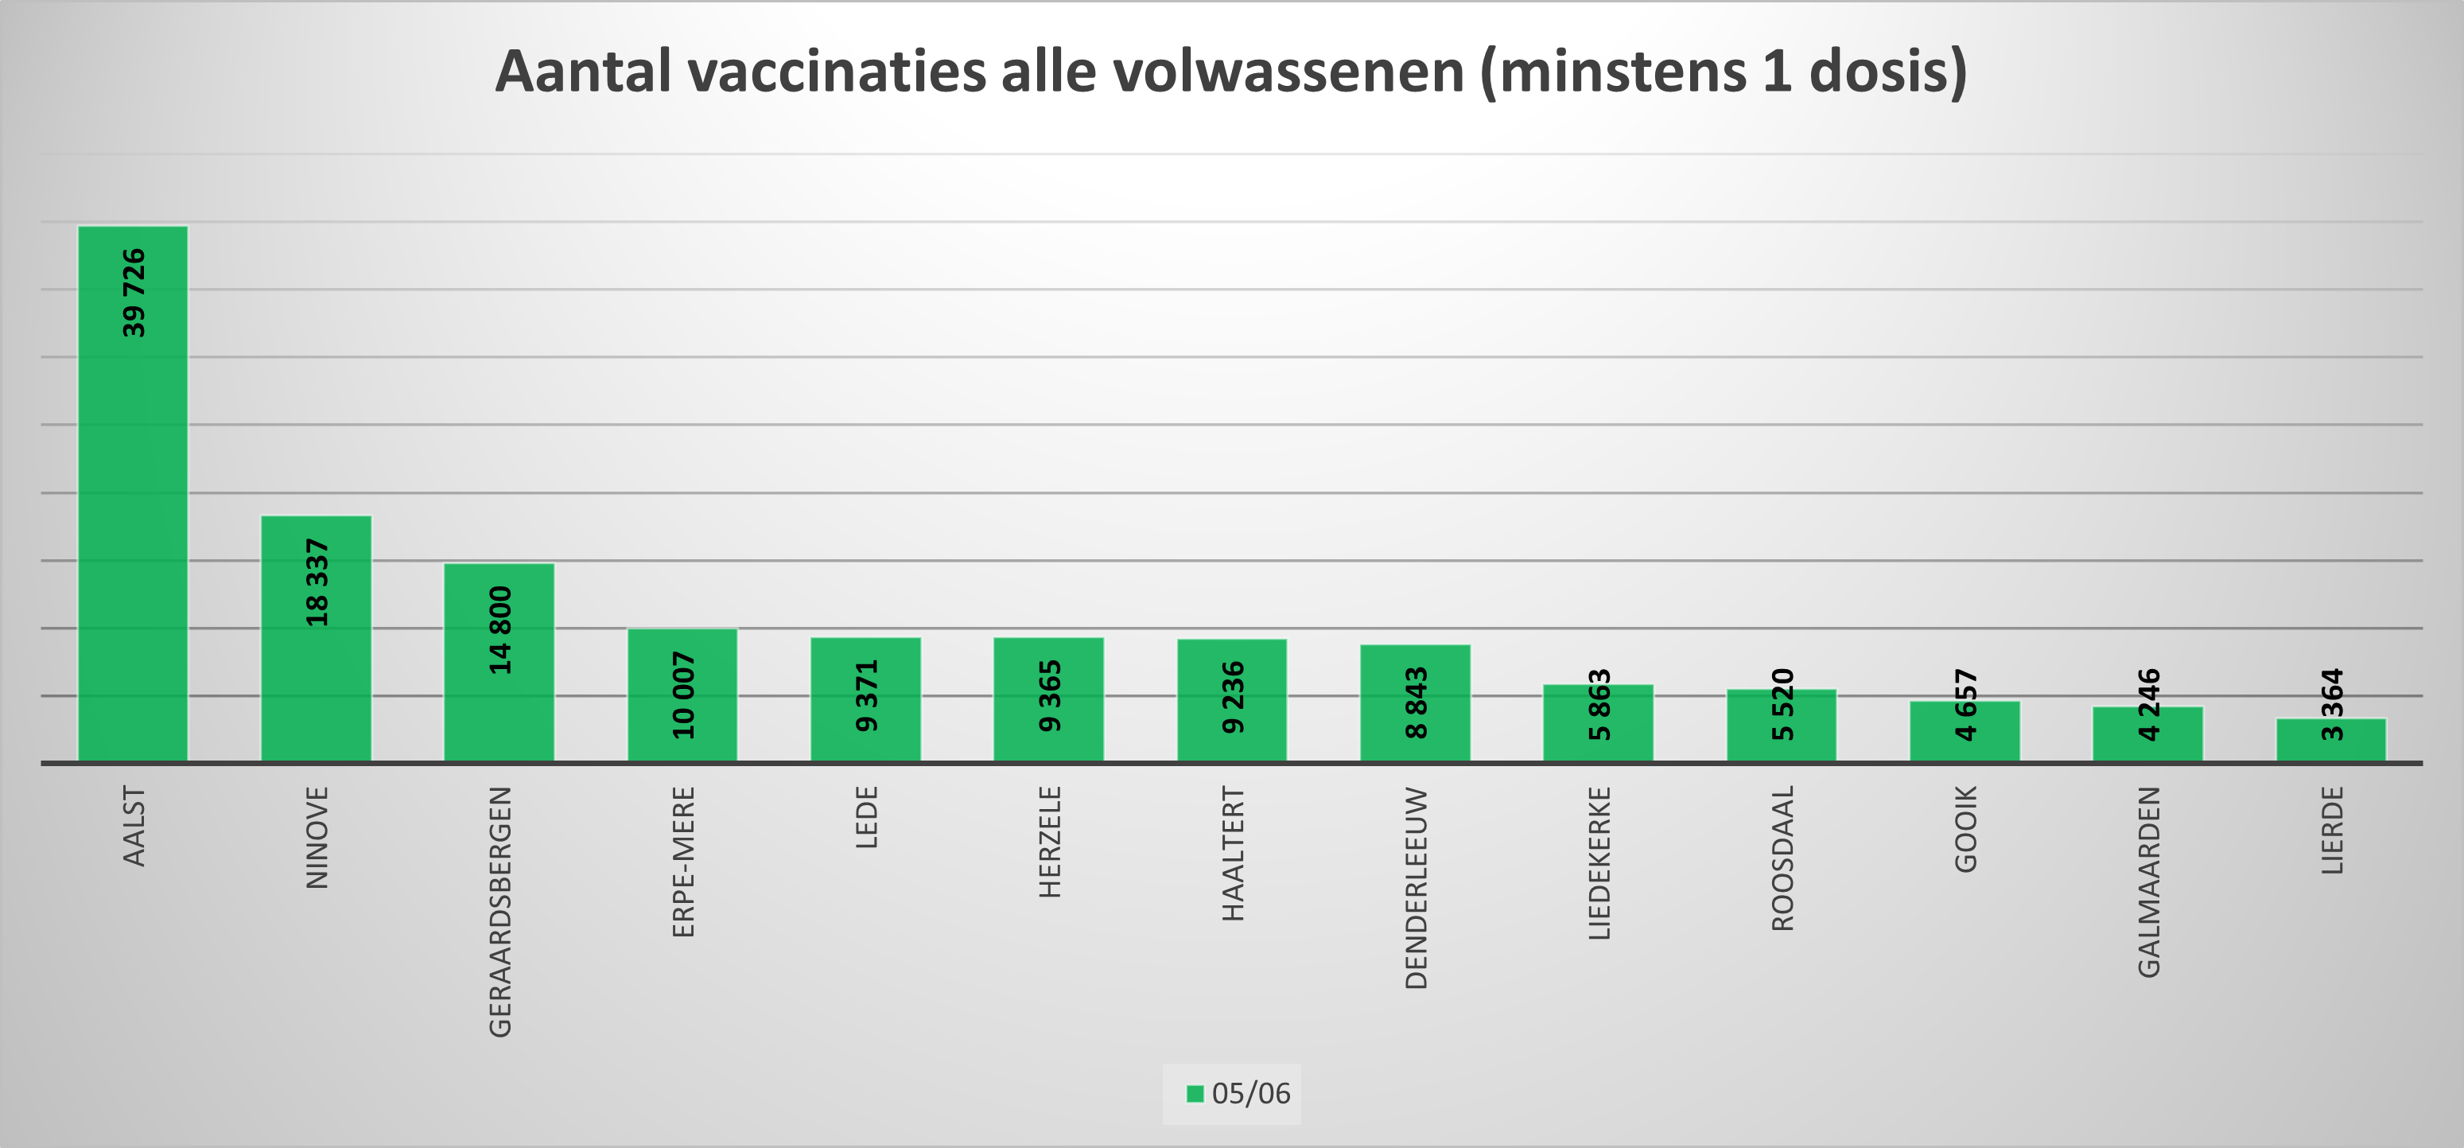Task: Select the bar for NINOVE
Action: coord(316,670)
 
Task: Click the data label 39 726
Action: coord(134,293)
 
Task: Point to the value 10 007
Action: coord(683,695)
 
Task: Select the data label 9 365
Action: coord(1049,696)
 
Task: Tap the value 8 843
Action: coord(1416,703)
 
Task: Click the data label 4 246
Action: coord(2148,705)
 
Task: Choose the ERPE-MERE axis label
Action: coord(683,861)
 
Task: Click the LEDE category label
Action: coord(865,817)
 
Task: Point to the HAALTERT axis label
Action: coord(1233,854)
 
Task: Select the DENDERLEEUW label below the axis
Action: coord(1416,888)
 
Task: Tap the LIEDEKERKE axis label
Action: coord(1599,863)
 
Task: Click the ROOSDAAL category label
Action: coord(1782,858)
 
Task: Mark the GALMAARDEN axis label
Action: coord(2148,881)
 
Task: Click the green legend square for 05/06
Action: coord(1195,1093)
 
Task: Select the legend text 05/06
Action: coord(1251,1093)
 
